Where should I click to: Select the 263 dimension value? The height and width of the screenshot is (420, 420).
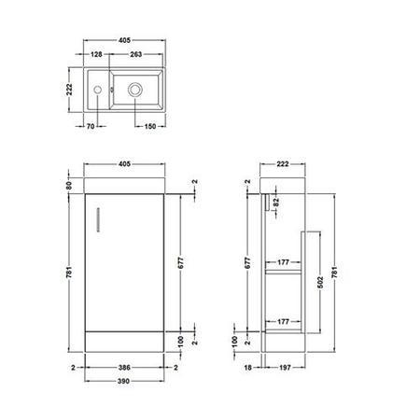point(136,54)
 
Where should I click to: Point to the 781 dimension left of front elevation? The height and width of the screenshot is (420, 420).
point(70,271)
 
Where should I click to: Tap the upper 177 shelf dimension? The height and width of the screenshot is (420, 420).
point(284,262)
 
